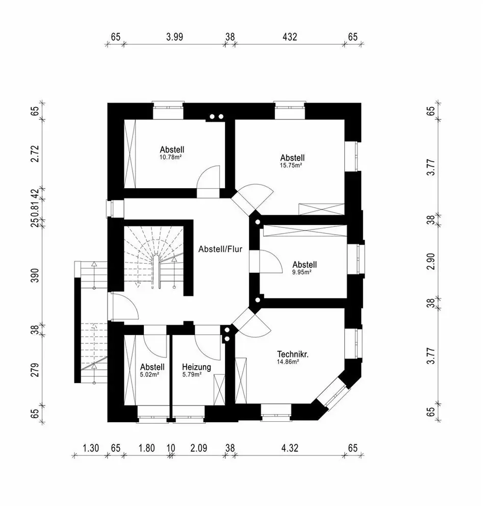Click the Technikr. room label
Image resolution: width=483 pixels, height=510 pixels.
(x=294, y=354)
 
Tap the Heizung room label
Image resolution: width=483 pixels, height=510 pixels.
(x=196, y=367)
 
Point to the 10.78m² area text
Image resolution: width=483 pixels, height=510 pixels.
(x=171, y=158)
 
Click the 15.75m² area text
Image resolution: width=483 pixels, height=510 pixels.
(x=292, y=165)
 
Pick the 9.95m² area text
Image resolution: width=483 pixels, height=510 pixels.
(x=301, y=272)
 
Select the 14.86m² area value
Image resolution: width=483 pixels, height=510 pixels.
(x=288, y=362)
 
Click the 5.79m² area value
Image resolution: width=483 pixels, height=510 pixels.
(x=192, y=374)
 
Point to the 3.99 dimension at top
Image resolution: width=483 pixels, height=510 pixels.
(x=174, y=37)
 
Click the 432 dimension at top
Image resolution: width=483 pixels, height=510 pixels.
(x=289, y=37)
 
